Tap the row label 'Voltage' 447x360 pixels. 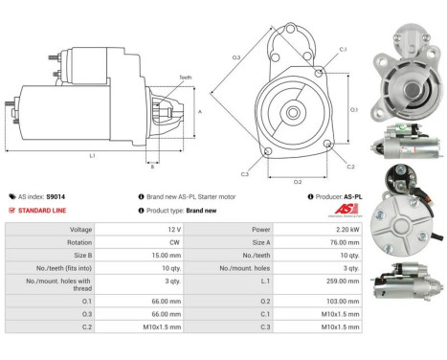pyautogui.click(x=80, y=229)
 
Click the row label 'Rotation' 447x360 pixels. pyautogui.click(x=80, y=242)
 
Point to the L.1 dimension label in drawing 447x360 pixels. pyautogui.click(x=91, y=154)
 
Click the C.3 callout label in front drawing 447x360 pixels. pyautogui.click(x=246, y=173)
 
